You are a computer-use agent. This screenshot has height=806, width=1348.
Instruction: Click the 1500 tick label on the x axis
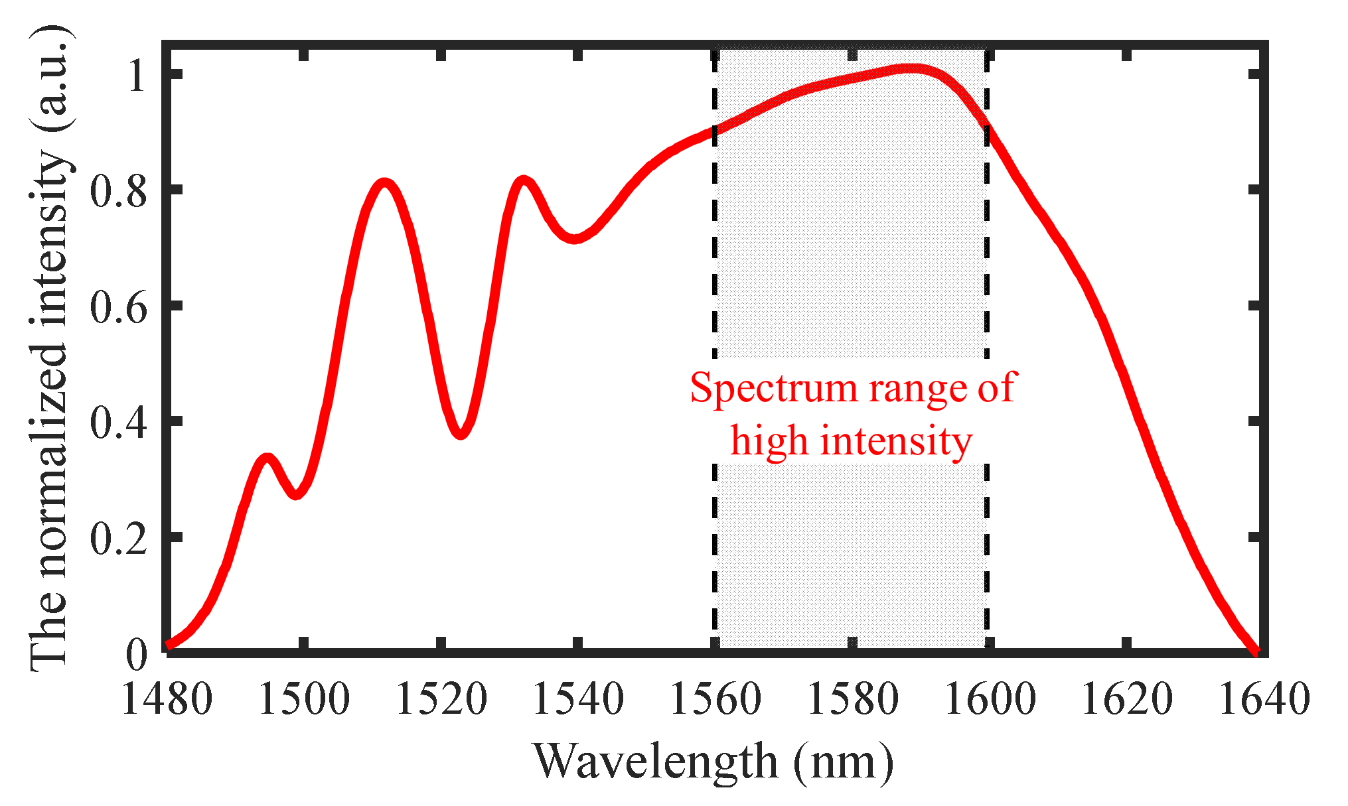click(x=303, y=700)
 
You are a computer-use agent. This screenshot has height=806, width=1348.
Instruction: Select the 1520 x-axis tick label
click(x=441, y=700)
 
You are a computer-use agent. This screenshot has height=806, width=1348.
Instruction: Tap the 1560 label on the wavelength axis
click(x=715, y=700)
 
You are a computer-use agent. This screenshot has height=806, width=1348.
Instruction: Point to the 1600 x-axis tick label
click(x=990, y=700)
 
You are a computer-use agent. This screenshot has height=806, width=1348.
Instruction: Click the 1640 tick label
click(x=1264, y=700)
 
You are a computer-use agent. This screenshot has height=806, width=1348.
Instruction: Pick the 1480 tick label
click(x=167, y=700)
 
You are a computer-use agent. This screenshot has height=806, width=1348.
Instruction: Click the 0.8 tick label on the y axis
click(x=118, y=191)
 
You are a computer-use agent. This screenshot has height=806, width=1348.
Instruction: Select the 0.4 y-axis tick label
click(x=118, y=423)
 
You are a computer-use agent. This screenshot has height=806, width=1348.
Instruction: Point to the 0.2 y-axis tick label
click(x=118, y=538)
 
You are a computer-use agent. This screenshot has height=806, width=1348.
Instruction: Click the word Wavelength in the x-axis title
click(x=656, y=762)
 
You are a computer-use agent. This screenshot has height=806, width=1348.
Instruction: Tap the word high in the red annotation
click(x=769, y=440)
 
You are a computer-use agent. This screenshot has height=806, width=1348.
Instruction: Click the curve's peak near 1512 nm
click(x=384, y=183)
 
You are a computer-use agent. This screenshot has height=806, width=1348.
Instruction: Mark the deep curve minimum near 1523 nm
click(x=461, y=435)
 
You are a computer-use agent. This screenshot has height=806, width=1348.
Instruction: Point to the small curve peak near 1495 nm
click(x=267, y=459)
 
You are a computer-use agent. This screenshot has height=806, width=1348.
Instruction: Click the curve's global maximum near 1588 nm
click(x=913, y=69)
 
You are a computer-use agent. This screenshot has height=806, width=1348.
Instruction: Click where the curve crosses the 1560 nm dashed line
click(x=715, y=130)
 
